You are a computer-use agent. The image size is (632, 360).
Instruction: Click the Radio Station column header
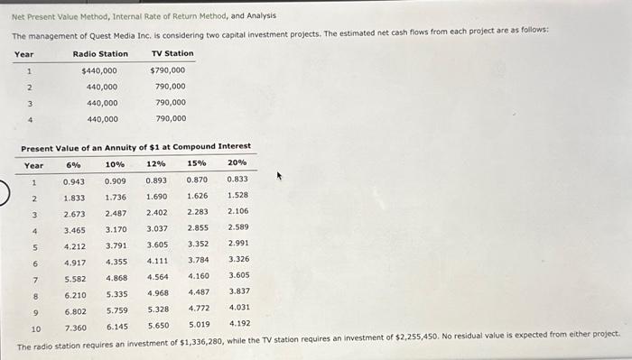[100, 54]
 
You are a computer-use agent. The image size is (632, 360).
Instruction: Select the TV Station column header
[172, 54]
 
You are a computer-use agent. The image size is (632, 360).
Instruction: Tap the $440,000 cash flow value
[99, 70]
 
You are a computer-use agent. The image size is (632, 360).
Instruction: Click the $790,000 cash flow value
[168, 70]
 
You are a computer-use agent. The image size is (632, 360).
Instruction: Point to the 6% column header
[73, 165]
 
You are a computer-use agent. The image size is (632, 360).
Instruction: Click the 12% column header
[156, 165]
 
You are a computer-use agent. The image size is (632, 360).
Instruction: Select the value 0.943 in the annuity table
[74, 182]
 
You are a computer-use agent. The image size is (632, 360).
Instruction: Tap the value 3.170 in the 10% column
[116, 229]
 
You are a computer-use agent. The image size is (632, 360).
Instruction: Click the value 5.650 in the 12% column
[157, 325]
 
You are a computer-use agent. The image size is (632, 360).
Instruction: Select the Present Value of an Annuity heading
[135, 146]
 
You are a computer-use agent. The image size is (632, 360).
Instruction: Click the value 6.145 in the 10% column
[116, 326]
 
